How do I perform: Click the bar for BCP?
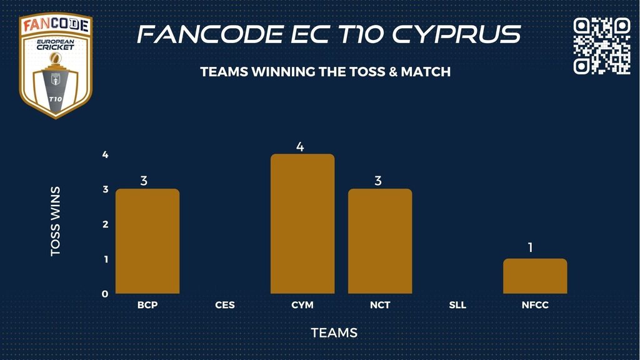pos(147,241)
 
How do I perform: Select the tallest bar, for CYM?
pos(302,224)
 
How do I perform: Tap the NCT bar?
pos(380,241)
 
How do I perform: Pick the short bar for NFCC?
pos(535,276)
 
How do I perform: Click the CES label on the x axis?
pos(225,305)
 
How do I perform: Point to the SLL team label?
pos(457,305)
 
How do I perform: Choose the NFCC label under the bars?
pos(535,305)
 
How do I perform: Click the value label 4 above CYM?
pos(300,147)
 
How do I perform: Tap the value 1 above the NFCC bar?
pos(531,247)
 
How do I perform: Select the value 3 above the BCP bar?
pos(144,181)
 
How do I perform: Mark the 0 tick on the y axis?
pos(105,294)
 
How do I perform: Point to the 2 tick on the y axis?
pos(105,224)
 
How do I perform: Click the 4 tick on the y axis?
pos(105,155)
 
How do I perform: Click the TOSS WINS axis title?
pos(55,222)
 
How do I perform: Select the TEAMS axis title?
pos(334,333)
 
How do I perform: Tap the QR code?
pos(602,46)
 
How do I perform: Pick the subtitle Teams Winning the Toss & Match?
pos(325,72)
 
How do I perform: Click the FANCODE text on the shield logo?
pos(56,25)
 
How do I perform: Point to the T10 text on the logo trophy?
pos(55,99)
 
